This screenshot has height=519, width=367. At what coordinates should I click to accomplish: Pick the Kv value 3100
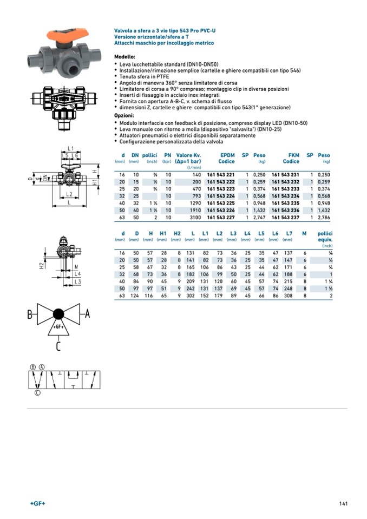coord(195,217)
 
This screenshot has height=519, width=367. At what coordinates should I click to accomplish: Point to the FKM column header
coord(292,155)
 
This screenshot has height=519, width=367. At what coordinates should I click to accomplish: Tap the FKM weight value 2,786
coord(323,217)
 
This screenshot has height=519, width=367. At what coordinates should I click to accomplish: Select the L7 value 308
coord(288,295)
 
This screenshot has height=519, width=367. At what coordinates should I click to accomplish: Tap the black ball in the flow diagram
coord(58,314)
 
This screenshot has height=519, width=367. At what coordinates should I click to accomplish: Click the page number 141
coord(343,504)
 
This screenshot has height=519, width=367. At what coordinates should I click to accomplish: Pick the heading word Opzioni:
coord(124,116)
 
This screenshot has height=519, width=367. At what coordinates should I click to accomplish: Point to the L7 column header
coord(289,233)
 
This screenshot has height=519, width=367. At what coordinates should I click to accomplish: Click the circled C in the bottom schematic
coord(37,393)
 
